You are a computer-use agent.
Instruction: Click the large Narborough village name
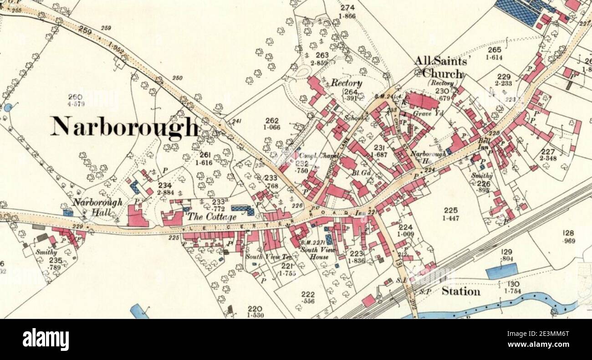[124, 127]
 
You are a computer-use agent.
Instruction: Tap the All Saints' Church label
[440, 67]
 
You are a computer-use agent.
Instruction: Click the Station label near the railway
[460, 291]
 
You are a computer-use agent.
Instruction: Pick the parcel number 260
[75, 97]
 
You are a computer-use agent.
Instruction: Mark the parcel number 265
[494, 50]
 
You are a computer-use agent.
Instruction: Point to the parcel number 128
[568, 233]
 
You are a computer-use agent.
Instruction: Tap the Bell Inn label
[484, 144]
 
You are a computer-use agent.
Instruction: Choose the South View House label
[318, 253]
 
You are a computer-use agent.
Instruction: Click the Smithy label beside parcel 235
[46, 252]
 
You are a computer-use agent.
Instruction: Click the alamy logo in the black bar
[46, 339]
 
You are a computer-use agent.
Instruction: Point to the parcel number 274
[347, 8]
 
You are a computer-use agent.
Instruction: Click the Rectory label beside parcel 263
[346, 83]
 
